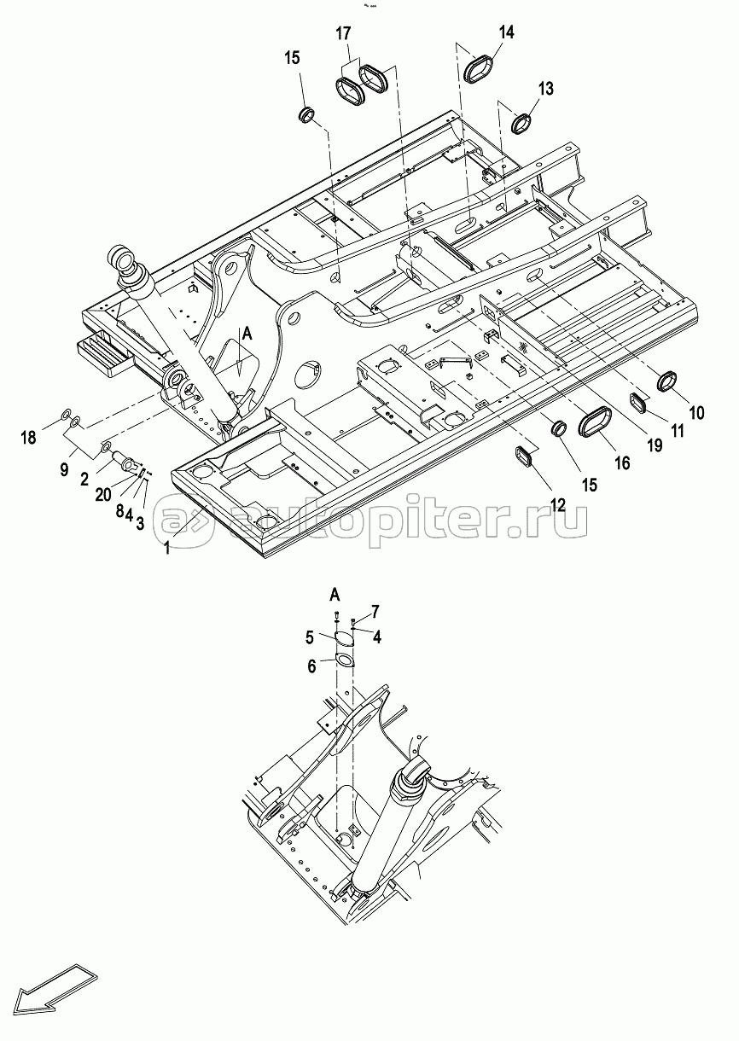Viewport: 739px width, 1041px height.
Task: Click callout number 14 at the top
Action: click(x=507, y=32)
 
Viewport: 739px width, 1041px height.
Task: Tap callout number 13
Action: click(x=546, y=88)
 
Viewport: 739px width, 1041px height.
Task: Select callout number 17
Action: click(x=343, y=33)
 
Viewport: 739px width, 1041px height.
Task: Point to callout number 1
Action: click(x=166, y=548)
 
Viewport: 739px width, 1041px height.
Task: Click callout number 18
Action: click(x=28, y=437)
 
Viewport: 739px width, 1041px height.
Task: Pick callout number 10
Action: click(x=696, y=412)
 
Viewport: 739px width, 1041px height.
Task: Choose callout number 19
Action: click(x=655, y=445)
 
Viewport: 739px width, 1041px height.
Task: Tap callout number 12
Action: click(x=558, y=504)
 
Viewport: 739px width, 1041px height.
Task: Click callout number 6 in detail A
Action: click(x=311, y=666)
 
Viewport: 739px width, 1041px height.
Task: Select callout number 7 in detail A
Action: click(x=375, y=610)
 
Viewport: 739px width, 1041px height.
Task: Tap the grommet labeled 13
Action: click(x=521, y=123)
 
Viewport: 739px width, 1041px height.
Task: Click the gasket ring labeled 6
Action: click(x=344, y=660)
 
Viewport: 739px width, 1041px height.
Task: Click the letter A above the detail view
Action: click(x=335, y=593)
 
